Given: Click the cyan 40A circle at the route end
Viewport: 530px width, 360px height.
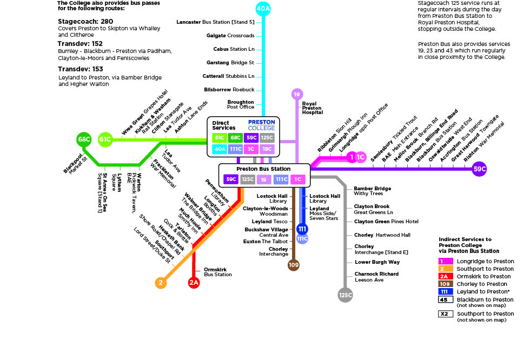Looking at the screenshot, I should (263, 9).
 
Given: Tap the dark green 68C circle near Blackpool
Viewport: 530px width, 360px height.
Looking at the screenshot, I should (84, 139).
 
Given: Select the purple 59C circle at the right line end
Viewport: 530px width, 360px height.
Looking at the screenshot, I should (479, 169).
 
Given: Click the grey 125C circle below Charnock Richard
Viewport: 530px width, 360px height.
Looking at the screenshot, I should (345, 295).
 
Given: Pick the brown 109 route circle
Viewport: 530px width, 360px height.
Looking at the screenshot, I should (294, 264).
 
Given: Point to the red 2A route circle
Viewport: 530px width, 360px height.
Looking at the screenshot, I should (194, 282).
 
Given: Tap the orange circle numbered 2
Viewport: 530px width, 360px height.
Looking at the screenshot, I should (161, 282).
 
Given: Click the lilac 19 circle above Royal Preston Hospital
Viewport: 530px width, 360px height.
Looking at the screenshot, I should (296, 95).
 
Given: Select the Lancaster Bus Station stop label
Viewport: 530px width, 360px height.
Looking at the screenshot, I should (215, 22).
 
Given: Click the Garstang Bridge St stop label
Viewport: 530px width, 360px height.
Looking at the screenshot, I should (230, 63).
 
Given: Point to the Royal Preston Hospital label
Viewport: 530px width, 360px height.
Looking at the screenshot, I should (312, 108).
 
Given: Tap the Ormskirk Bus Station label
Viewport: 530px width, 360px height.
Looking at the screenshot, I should (217, 272).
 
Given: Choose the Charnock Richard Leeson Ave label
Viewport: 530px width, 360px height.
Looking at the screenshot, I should (376, 277).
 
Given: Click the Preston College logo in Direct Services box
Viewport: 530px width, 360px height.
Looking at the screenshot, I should (261, 125).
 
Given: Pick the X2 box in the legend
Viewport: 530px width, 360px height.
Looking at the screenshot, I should (445, 314).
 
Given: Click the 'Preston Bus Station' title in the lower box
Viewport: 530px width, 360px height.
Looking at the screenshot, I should (263, 169).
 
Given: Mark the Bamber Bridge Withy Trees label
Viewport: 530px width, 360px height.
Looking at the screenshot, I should (372, 191).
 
